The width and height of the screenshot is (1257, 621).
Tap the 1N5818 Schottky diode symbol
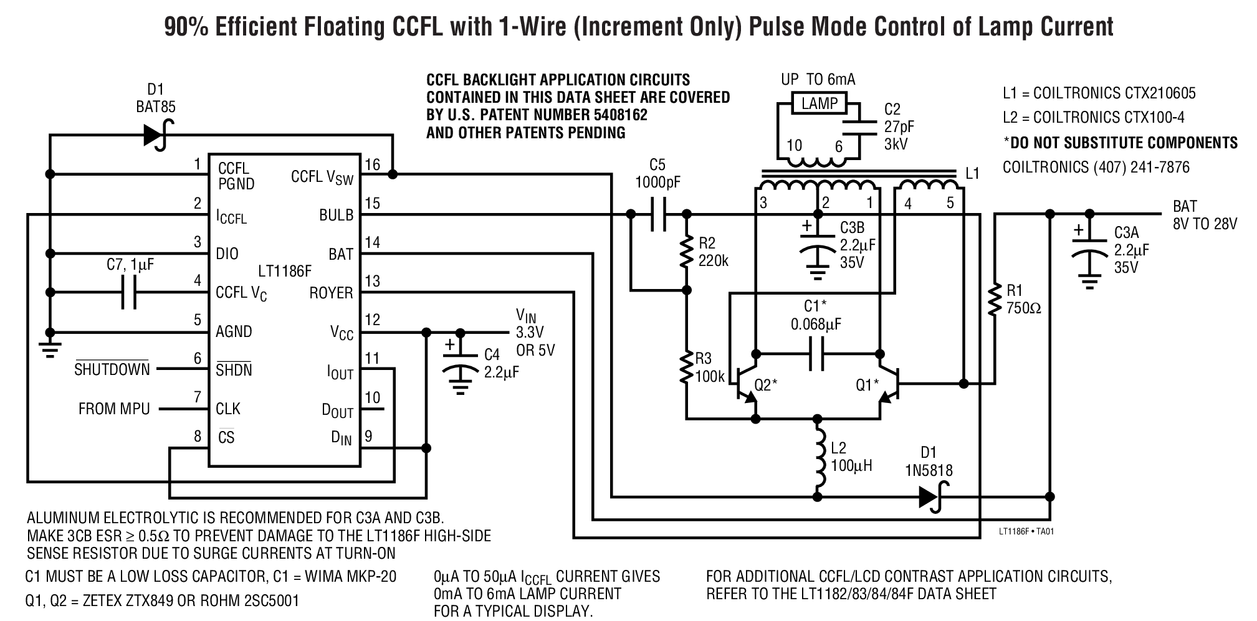pyautogui.click(x=930, y=496)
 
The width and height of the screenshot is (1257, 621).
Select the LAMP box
pyautogui.click(x=820, y=104)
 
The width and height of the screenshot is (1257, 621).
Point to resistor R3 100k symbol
pyautogui.click(x=687, y=367)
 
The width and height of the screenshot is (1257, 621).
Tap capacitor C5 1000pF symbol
pyautogui.click(x=658, y=214)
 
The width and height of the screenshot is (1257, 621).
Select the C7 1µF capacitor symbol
pyautogui.click(x=129, y=293)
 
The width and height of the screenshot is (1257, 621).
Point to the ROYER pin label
pyautogui.click(x=331, y=293)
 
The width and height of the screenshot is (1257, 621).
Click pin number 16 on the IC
pyautogui.click(x=372, y=165)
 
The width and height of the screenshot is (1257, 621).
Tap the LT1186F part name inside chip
pyautogui.click(x=284, y=272)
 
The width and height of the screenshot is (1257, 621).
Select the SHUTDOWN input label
pyautogui.click(x=112, y=369)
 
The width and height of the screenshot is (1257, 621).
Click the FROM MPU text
pyautogui.click(x=114, y=409)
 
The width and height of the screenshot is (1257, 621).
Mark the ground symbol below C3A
pyautogui.click(x=1089, y=283)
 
